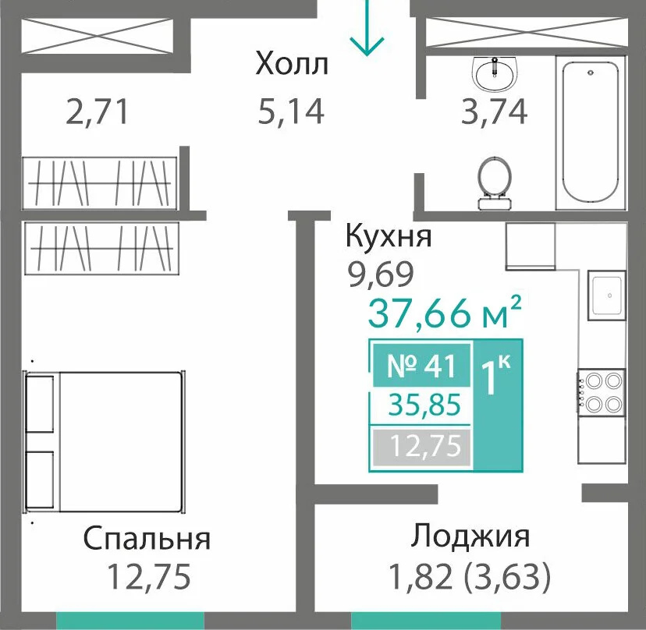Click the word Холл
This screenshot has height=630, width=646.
coord(292,64)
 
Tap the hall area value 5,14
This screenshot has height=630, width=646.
coord(291,111)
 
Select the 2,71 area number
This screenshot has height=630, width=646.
coord(98,111)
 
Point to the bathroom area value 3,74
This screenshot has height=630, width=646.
coord(494,111)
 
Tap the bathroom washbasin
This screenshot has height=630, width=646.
coord(495,73)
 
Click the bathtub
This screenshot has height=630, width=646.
coord(591,133)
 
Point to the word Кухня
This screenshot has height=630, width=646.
coord(389,236)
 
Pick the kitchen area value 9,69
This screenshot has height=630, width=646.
coord(380,274)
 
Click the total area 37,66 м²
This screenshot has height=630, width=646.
coord(445,312)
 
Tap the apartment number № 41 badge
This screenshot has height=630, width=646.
coord(421,366)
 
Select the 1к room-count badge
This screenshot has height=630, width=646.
coord(498,405)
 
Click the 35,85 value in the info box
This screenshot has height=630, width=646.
coord(424,405)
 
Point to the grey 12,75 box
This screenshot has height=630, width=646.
coord(421,446)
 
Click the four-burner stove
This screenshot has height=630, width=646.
coord(601,392)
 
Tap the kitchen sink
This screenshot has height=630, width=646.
coord(607,296)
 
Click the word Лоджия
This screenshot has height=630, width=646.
coord(470,536)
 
